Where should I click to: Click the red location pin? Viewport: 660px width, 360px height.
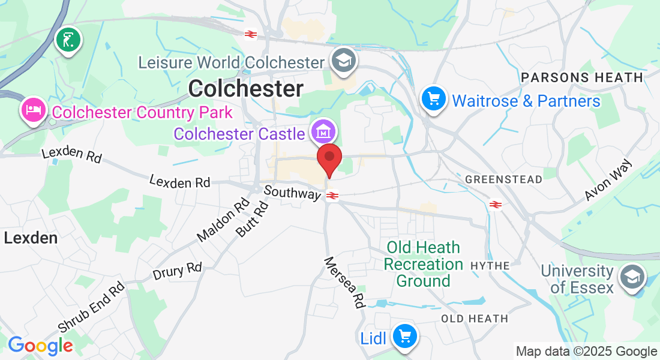[x=329, y=158]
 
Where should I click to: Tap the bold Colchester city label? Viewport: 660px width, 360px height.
[x=245, y=89]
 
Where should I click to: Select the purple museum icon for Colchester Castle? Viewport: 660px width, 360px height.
[x=323, y=130]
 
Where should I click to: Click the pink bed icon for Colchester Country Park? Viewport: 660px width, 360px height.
[x=32, y=110]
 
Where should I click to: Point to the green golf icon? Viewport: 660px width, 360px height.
[x=68, y=40]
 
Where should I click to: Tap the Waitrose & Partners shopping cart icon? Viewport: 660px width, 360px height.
[x=433, y=98]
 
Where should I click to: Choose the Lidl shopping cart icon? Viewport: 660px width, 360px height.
[x=404, y=335]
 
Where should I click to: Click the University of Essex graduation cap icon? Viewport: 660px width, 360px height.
[x=632, y=277]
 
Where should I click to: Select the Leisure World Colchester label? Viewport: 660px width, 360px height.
[x=231, y=62]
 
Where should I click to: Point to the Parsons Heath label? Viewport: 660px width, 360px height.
[x=582, y=77]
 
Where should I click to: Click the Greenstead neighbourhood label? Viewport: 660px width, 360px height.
[x=503, y=179]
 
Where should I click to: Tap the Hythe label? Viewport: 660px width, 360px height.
[x=490, y=265]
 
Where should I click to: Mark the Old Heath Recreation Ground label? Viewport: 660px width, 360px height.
[x=423, y=264]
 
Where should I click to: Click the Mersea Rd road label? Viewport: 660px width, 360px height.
[x=345, y=282]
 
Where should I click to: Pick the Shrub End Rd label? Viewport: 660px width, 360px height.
[x=91, y=307]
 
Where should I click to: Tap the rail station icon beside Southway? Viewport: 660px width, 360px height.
[x=332, y=196]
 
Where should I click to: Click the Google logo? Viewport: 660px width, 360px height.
[x=40, y=346]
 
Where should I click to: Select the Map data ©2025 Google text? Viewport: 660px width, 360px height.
[x=586, y=352]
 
